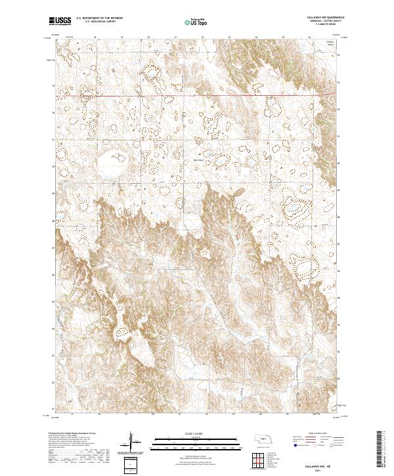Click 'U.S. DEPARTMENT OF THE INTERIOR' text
pyautogui.click(x=99, y=18)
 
